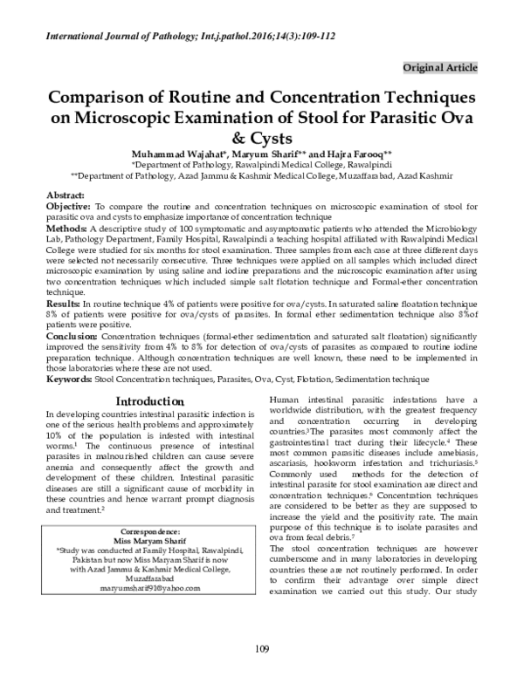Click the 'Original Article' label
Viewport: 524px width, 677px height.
(440, 67)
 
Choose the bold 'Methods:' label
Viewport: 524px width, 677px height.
(65, 226)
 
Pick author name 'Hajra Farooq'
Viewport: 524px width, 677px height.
(363, 150)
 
